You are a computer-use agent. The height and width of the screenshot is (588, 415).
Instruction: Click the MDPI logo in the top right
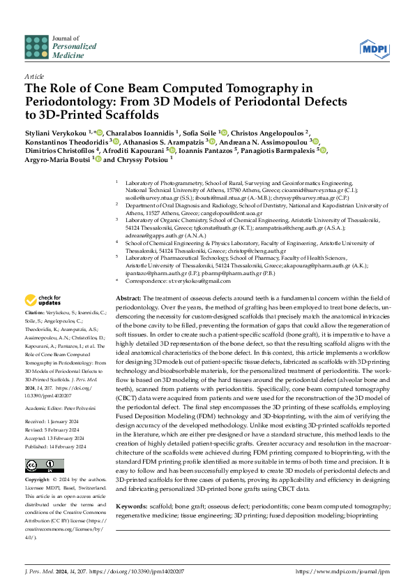click(375, 48)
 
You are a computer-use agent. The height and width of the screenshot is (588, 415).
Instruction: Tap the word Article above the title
click(33, 75)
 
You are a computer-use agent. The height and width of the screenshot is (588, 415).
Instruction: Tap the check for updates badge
click(45, 319)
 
